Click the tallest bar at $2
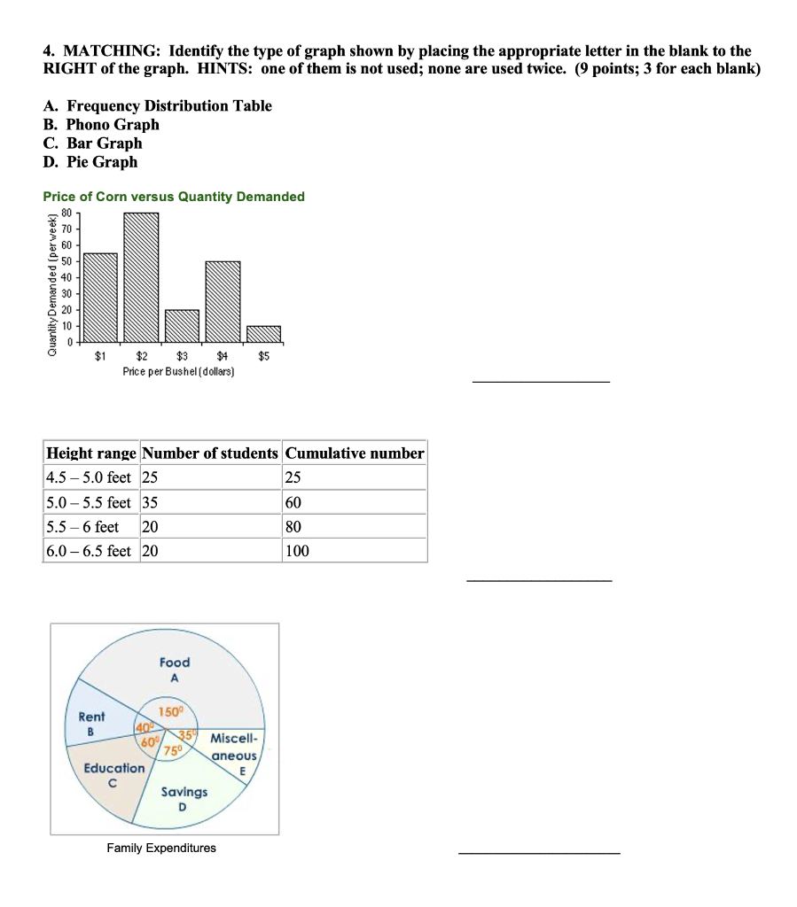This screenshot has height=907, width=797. [x=141, y=276]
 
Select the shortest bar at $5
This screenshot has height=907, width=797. [x=263, y=333]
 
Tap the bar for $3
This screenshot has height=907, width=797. [x=182, y=325]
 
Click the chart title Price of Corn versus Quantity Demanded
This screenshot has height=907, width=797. [x=174, y=197]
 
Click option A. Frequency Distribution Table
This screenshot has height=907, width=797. [x=157, y=106]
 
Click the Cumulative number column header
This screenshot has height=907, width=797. [x=355, y=453]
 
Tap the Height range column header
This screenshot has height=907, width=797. [x=91, y=453]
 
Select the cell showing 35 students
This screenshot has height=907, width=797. [x=150, y=502]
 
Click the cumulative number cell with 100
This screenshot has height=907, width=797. [x=297, y=551]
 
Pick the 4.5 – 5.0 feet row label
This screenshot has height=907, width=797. [x=89, y=477]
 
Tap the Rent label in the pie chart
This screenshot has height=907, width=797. [x=91, y=717]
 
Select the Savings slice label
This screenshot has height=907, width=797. [x=184, y=792]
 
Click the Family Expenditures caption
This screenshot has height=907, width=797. [x=161, y=849]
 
